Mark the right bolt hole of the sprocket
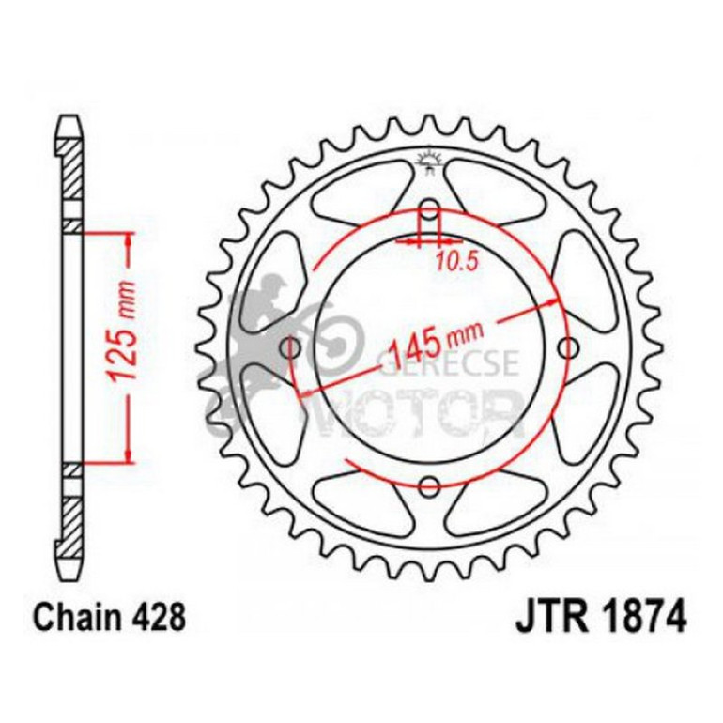(x=567, y=348)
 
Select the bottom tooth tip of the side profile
(x=72, y=574)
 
